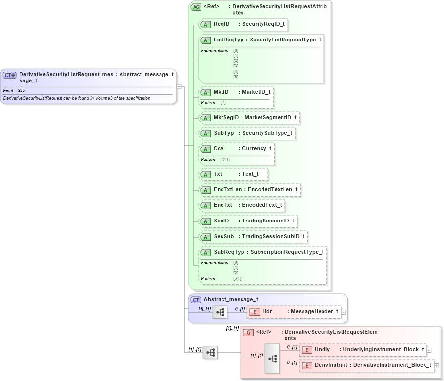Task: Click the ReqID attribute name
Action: tap(222, 24)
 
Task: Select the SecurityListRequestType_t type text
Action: tap(285, 40)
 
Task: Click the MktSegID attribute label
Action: tap(226, 118)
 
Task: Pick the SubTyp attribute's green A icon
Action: tap(205, 133)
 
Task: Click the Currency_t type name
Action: tap(257, 149)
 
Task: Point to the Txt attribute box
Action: tap(233, 174)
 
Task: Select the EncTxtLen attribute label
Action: tap(227, 190)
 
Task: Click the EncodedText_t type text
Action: tap(262, 205)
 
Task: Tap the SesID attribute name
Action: tap(222, 221)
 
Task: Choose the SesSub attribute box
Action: tap(253, 237)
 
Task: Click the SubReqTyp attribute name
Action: tap(229, 252)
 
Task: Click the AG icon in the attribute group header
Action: tap(196, 7)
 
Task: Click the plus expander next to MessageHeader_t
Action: tap(343, 312)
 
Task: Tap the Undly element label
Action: tap(323, 350)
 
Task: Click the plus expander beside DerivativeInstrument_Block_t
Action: tap(437, 365)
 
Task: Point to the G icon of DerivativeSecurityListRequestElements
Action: tap(248, 332)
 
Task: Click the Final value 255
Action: tap(21, 91)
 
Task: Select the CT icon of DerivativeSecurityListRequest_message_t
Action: tap(10, 75)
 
